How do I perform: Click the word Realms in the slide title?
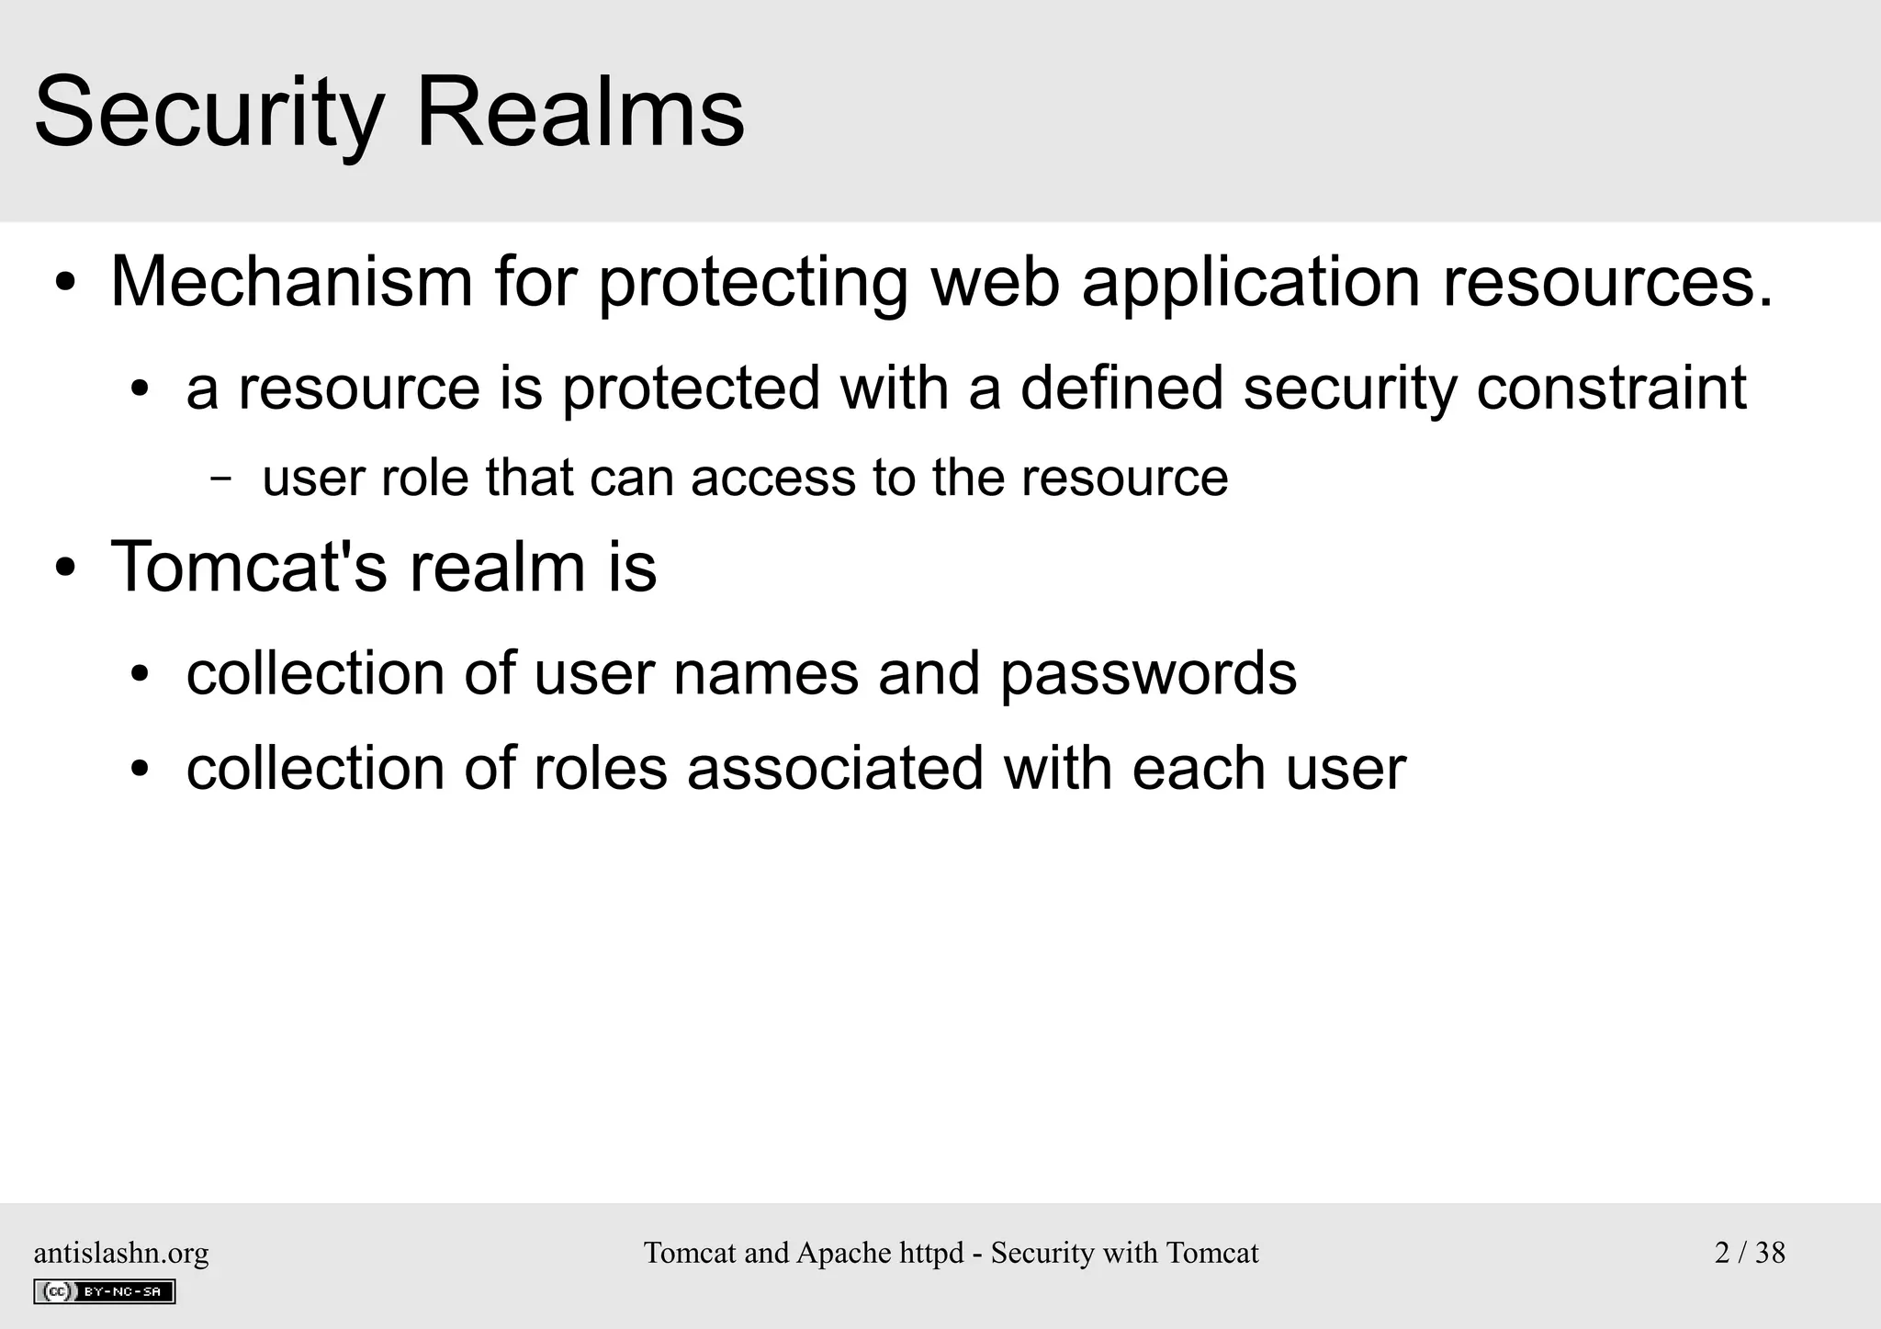pyautogui.click(x=580, y=114)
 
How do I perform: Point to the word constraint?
pyautogui.click(x=1611, y=388)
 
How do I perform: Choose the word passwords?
pyautogui.click(x=1148, y=674)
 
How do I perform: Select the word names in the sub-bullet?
pyautogui.click(x=765, y=674)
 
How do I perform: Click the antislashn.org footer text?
pyautogui.click(x=121, y=1253)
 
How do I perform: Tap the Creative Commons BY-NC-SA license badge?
pyautogui.click(x=104, y=1291)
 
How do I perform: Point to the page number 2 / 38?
pyautogui.click(x=1750, y=1253)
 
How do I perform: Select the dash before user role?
pyautogui.click(x=220, y=479)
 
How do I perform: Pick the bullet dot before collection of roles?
pyautogui.click(x=140, y=770)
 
